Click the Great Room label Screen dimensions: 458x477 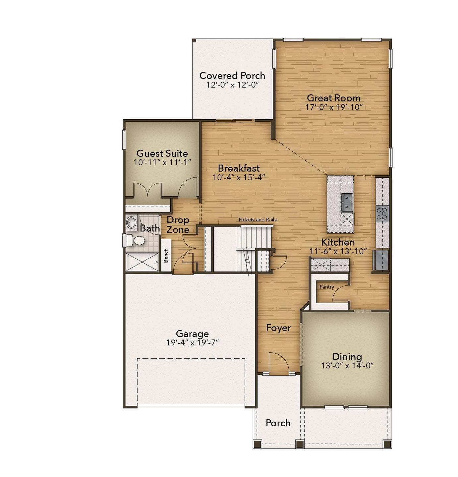point(333,98)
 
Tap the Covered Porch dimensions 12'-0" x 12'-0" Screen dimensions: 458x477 point(233,85)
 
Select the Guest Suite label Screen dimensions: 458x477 point(162,153)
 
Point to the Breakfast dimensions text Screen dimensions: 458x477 point(239,177)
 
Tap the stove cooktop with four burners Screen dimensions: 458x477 point(382,214)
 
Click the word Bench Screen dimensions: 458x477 point(166,256)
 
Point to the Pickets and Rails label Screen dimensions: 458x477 point(258,220)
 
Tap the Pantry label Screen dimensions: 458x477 point(327,287)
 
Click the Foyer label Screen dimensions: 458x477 point(278,328)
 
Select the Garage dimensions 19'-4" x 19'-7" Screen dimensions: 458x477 point(192,342)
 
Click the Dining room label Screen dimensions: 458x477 point(347,356)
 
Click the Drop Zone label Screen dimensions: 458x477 point(178,225)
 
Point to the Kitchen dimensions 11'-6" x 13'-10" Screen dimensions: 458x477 point(338,251)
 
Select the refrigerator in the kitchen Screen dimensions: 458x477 point(380,260)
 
